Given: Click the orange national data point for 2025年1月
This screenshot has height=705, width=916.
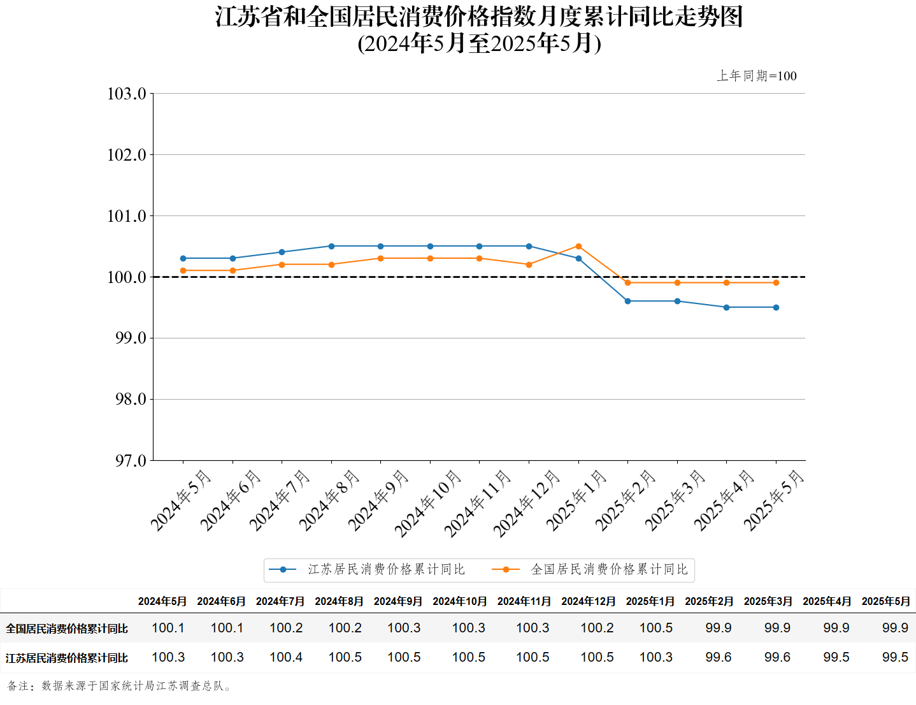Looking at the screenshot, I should click(578, 246).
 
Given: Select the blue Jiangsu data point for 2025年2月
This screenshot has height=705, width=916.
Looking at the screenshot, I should click(627, 301).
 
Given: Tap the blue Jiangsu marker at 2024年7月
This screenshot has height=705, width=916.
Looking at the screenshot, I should click(282, 252).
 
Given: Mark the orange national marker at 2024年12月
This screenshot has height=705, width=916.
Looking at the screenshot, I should click(529, 265).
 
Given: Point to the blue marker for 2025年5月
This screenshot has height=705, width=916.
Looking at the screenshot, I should click(776, 307).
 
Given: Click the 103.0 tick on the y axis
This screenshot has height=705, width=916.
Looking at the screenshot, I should click(127, 94).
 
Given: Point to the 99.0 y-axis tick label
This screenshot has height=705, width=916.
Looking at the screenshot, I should click(130, 338).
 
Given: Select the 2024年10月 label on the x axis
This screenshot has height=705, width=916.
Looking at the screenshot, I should click(427, 504).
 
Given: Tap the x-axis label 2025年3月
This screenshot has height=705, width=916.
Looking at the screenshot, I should click(675, 500).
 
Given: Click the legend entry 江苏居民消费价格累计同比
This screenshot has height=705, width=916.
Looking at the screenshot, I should click(386, 569).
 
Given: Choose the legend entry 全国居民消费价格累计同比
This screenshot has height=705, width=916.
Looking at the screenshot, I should click(609, 569).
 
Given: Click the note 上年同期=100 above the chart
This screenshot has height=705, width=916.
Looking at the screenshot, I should click(757, 76).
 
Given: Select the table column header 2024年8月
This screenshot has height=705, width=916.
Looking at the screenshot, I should click(339, 601).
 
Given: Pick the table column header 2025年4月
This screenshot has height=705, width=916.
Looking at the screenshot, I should click(827, 601).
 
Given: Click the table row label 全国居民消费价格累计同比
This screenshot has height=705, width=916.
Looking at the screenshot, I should click(67, 629).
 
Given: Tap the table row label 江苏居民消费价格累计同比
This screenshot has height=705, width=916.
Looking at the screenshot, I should click(67, 658).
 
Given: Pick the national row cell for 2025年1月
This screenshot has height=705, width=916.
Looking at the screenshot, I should click(656, 628).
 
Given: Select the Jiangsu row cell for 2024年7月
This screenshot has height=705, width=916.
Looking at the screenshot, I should click(286, 657).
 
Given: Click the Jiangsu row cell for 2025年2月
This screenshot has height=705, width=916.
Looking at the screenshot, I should click(719, 657).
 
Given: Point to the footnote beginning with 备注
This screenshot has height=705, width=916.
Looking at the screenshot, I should click(120, 686).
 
